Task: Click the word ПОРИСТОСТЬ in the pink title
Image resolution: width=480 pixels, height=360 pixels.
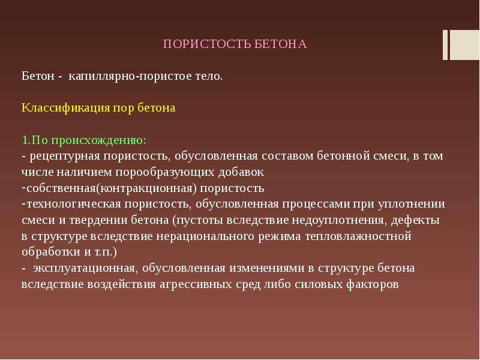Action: pyautogui.click(x=207, y=44)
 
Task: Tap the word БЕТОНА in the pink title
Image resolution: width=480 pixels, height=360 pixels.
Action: pyautogui.click(x=281, y=44)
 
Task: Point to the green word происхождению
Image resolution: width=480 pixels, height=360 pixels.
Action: pyautogui.click(x=99, y=140)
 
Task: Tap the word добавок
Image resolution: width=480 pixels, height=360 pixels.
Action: pyautogui.click(x=241, y=172)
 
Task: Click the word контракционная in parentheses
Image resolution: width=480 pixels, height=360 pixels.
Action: pyautogui.click(x=146, y=188)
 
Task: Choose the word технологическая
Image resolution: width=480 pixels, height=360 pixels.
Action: pyautogui.click(x=74, y=204)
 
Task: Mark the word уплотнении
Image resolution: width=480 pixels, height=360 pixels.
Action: pyautogui.click(x=411, y=204)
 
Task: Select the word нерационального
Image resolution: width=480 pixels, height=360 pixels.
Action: pyautogui.click(x=205, y=236)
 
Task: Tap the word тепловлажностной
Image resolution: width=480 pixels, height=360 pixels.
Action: pyautogui.click(x=358, y=236)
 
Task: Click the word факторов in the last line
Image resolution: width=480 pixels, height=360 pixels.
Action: pyautogui.click(x=373, y=284)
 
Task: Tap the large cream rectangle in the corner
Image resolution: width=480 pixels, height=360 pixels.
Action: pyautogui.click(x=464, y=44)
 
